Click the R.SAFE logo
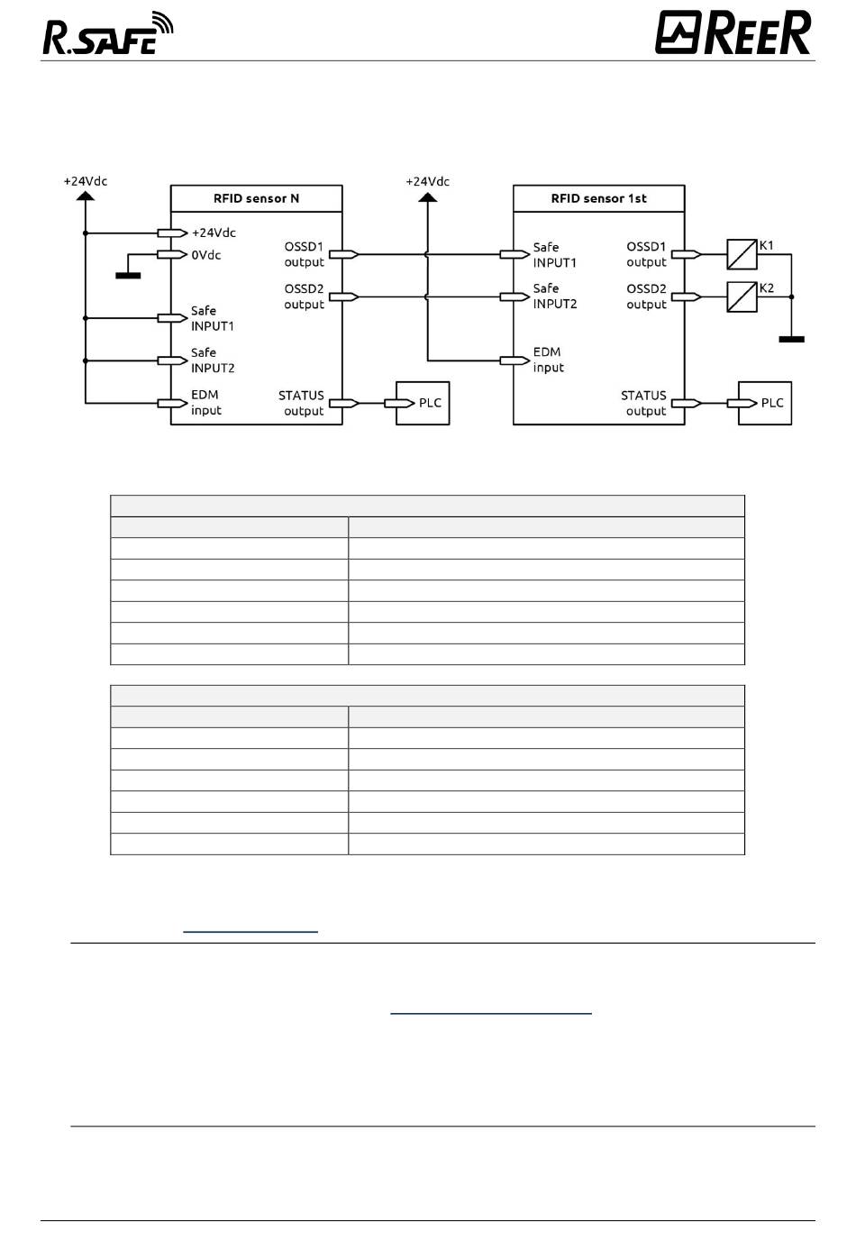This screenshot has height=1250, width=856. click(x=108, y=33)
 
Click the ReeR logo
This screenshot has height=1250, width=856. click(x=733, y=32)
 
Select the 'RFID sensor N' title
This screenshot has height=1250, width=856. click(x=256, y=198)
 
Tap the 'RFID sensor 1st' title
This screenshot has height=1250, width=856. click(x=599, y=198)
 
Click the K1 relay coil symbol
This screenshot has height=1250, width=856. click(x=742, y=254)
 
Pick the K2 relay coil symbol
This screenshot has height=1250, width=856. click(x=742, y=297)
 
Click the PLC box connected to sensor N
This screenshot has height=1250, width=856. click(x=423, y=403)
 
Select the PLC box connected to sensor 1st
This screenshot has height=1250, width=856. click(x=764, y=403)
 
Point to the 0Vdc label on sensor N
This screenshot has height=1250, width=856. click(x=206, y=255)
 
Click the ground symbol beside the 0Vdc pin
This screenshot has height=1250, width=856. click(x=128, y=275)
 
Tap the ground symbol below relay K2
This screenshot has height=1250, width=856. click(x=791, y=339)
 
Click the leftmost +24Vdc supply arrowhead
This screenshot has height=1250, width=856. click(x=86, y=196)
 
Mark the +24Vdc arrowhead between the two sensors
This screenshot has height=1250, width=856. click(x=427, y=197)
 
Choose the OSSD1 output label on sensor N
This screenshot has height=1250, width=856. click(x=305, y=254)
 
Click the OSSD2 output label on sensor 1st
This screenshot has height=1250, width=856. click(x=646, y=297)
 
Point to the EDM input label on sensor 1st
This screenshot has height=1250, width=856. click(x=548, y=360)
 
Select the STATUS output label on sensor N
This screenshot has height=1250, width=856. click(x=301, y=403)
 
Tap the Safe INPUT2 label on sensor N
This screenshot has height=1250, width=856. click(x=213, y=360)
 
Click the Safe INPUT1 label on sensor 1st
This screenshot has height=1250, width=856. click(x=555, y=254)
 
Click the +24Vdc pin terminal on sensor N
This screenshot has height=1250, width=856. click(x=172, y=233)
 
